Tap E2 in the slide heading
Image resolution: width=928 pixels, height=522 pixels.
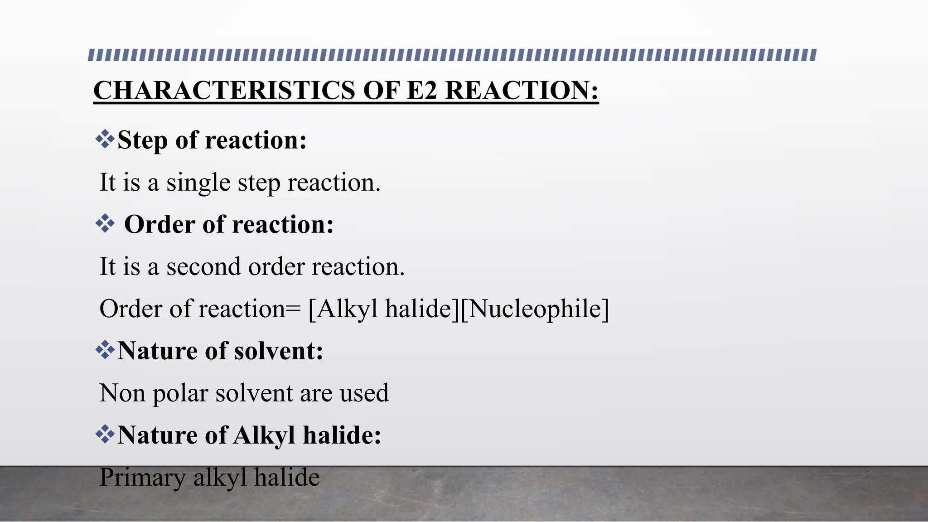pyautogui.click(x=422, y=90)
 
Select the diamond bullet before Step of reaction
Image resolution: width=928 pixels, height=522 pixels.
pyautogui.click(x=105, y=139)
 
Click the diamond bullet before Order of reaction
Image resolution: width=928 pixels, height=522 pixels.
pyautogui.click(x=105, y=224)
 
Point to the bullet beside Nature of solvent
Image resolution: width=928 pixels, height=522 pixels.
pyautogui.click(x=105, y=350)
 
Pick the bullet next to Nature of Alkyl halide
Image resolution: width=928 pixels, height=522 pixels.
pyautogui.click(x=105, y=434)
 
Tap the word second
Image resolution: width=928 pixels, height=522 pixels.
pyautogui.click(x=203, y=266)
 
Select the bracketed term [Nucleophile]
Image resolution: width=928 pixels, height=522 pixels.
pyautogui.click(x=535, y=309)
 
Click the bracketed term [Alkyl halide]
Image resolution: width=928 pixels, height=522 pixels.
pyautogui.click(x=383, y=309)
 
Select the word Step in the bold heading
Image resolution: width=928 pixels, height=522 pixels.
pyautogui.click(x=142, y=140)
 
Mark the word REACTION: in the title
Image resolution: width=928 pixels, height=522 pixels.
pyautogui.click(x=522, y=90)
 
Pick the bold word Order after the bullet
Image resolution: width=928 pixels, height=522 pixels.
pyautogui.click(x=159, y=224)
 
